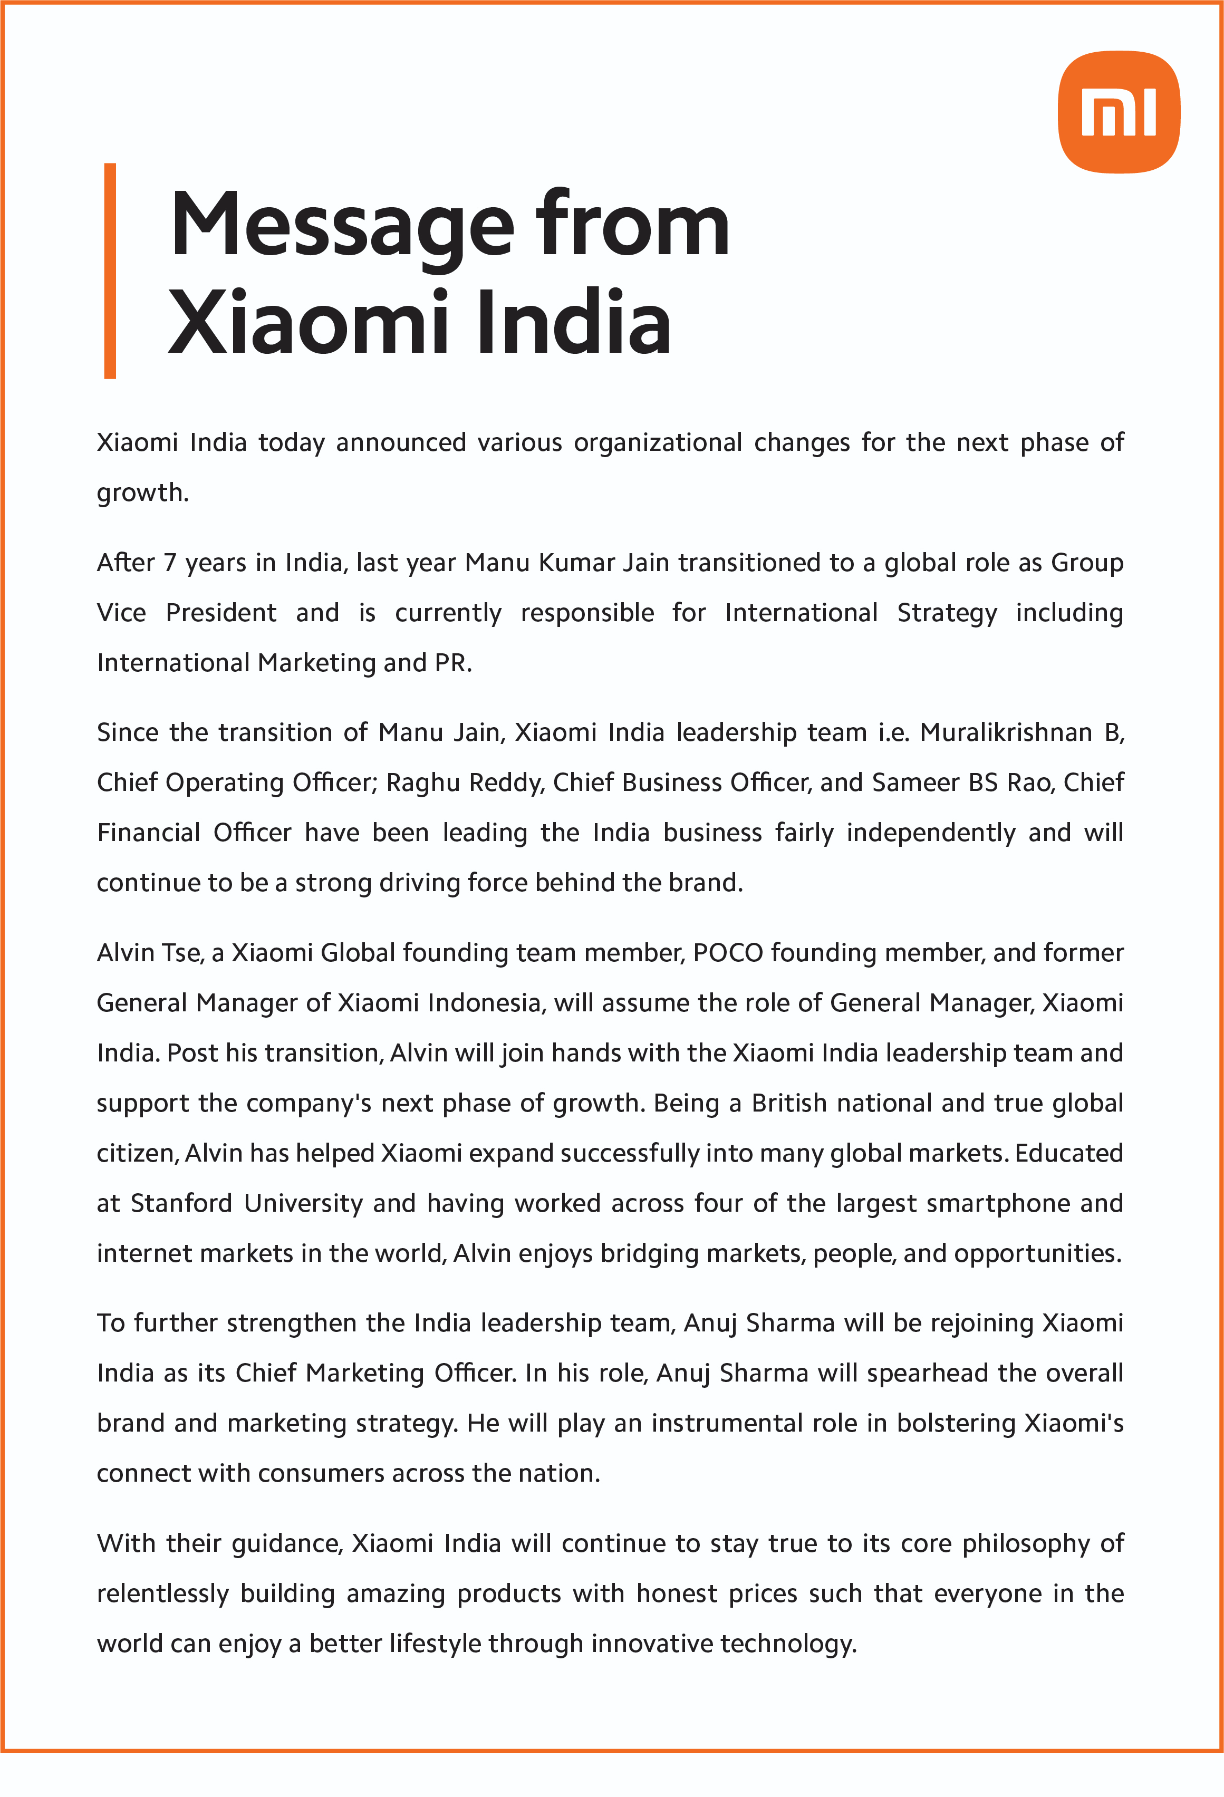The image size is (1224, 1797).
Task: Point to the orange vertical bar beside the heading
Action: [x=110, y=270]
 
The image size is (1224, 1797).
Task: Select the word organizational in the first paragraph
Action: [x=657, y=443]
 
